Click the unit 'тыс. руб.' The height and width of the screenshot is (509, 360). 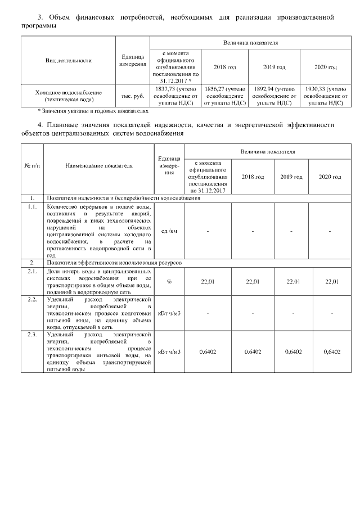click(x=133, y=96)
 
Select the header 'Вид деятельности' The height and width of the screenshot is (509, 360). click(x=68, y=60)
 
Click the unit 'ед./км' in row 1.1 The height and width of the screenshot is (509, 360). click(x=169, y=231)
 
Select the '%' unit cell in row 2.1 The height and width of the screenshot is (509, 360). click(x=169, y=281)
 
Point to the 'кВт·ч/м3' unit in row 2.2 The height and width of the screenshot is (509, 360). click(x=169, y=312)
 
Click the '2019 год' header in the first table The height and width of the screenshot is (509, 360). click(x=274, y=67)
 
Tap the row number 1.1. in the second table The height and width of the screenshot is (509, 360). click(x=32, y=206)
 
